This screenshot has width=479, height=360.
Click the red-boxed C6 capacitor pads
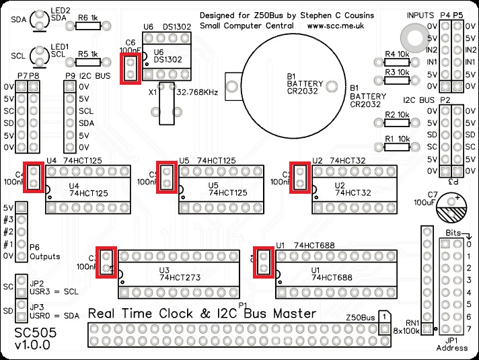[130, 69]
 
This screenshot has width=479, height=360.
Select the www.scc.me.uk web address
[336, 26]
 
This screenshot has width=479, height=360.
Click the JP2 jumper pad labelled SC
[22, 285]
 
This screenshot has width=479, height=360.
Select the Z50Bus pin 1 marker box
[383, 316]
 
